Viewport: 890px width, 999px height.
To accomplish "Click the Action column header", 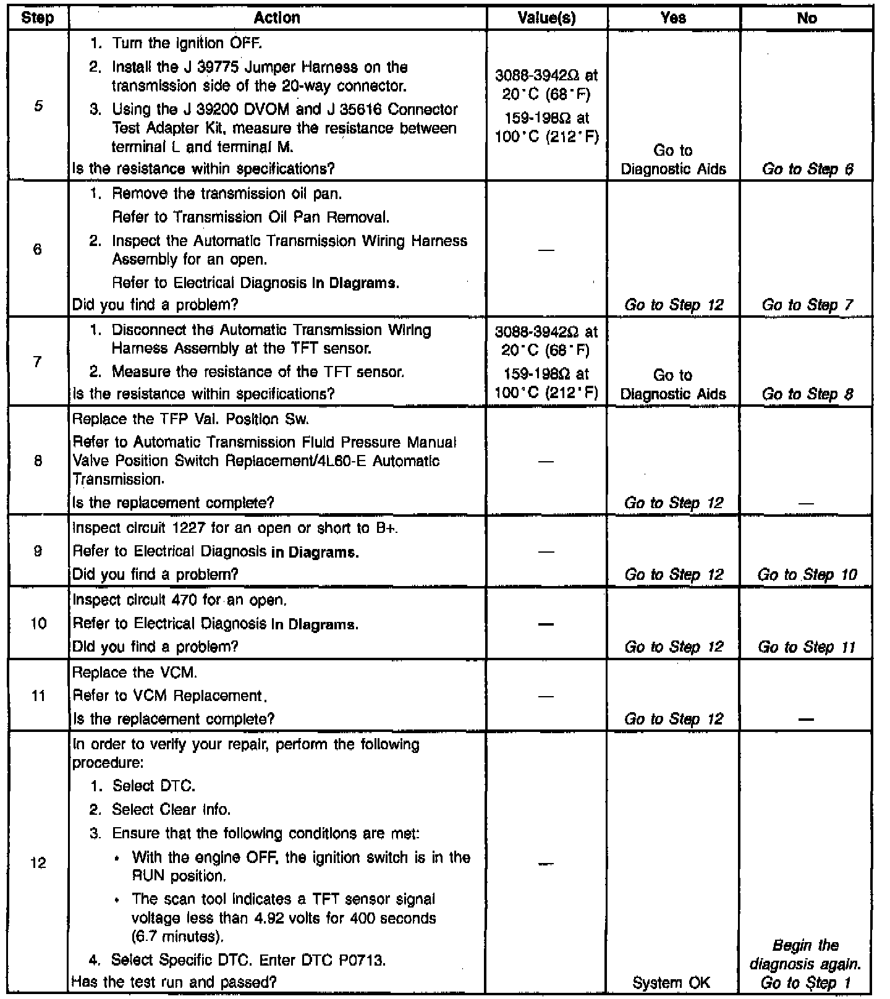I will coord(277,18).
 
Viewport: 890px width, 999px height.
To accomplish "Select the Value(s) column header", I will coord(546,18).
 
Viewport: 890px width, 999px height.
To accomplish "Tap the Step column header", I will coord(37,18).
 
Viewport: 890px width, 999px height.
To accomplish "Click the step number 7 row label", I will coord(38,362).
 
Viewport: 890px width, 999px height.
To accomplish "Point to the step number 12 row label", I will coord(38,862).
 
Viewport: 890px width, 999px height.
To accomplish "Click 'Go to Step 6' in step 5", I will coord(807,169).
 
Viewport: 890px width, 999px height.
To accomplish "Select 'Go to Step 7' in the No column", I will coord(807,305).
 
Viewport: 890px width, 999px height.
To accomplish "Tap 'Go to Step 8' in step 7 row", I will coord(807,394).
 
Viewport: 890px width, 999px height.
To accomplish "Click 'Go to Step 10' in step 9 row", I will coord(807,575).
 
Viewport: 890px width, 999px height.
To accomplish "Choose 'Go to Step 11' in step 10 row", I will coord(807,647).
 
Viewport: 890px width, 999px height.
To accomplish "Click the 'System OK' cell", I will coord(672,982).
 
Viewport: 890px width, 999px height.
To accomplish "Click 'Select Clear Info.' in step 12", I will coord(171,809).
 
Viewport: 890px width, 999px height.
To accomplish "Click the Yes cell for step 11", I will coord(673,719).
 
